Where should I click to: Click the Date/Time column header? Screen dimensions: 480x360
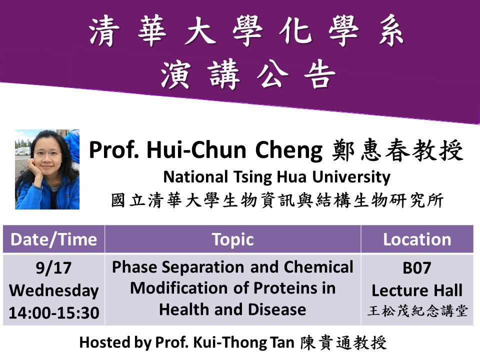click(54, 239)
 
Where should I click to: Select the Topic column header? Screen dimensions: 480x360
click(232, 239)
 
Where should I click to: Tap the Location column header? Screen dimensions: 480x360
click(417, 239)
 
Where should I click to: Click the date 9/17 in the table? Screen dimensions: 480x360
click(53, 268)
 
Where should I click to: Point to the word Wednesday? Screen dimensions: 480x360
click(54, 290)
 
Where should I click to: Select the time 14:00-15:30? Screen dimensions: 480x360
click(54, 313)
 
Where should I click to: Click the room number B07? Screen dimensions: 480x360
click(417, 268)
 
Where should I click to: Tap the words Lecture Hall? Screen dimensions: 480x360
click(417, 290)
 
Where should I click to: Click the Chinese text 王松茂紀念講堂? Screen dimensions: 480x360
click(417, 311)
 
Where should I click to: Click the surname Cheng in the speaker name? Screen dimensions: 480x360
click(288, 150)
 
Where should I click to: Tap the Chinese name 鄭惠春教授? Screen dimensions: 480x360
click(397, 150)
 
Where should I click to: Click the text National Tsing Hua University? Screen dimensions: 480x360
click(276, 177)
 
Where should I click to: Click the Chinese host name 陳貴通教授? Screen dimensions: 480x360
click(343, 343)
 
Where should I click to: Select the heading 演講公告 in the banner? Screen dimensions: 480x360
click(248, 74)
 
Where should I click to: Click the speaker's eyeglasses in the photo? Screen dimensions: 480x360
click(47, 153)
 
